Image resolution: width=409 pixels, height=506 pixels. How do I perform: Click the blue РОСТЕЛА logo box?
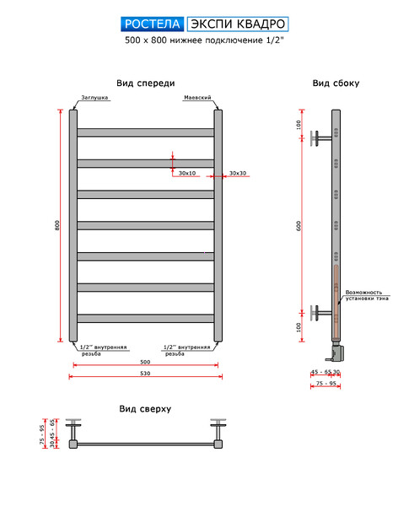(x=153, y=24)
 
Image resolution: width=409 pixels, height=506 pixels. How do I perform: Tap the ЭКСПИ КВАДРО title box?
(x=238, y=24)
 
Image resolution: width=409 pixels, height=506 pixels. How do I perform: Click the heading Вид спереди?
(x=146, y=83)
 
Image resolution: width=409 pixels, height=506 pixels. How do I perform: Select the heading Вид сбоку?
(x=336, y=83)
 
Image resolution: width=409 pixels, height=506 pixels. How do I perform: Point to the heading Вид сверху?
(x=145, y=409)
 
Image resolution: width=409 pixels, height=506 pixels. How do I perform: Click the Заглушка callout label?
(x=94, y=98)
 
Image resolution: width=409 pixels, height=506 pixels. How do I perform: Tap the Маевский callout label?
(x=197, y=98)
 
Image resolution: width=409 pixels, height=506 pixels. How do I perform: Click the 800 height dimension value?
(x=57, y=225)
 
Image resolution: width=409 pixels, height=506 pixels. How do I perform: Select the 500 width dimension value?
(x=145, y=362)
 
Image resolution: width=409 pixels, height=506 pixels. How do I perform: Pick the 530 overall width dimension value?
(x=145, y=373)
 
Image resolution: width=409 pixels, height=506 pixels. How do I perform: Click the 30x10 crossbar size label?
(x=187, y=173)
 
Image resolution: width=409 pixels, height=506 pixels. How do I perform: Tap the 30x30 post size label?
(x=238, y=173)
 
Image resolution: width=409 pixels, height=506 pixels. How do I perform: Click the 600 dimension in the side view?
(x=299, y=225)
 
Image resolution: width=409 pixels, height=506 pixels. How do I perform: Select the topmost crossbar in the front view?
(x=146, y=132)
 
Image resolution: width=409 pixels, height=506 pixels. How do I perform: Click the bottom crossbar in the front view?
(x=146, y=319)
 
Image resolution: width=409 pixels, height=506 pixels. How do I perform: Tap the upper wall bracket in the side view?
(x=320, y=138)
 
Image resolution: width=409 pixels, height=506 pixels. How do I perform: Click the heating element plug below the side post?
(x=336, y=352)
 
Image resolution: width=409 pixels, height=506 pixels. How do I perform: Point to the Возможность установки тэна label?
(x=367, y=295)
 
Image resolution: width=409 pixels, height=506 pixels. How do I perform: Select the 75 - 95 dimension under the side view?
(x=326, y=383)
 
